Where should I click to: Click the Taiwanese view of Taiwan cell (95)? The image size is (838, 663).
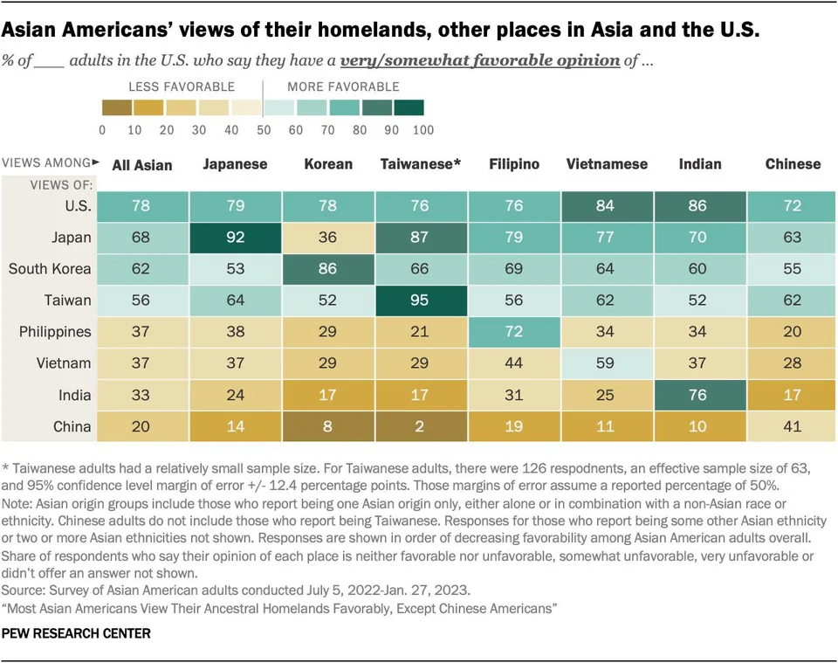(421, 300)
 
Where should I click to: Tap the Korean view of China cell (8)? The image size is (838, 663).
(328, 426)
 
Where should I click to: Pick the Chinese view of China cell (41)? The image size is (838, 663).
(793, 426)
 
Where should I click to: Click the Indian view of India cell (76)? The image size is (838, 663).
(699, 395)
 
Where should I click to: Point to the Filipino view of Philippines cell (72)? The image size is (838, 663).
(514, 332)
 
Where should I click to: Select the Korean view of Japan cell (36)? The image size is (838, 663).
(328, 237)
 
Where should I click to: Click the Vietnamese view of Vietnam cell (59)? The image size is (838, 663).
(607, 363)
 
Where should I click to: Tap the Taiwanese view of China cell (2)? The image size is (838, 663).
(421, 426)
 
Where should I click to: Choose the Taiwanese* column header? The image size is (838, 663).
(421, 163)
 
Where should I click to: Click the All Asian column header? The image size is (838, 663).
(142, 164)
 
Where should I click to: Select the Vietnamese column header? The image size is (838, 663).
(607, 163)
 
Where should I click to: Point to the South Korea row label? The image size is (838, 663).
(49, 268)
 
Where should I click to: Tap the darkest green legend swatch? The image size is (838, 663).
(409, 107)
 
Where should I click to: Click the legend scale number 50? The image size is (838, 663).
(263, 130)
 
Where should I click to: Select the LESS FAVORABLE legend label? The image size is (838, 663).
(181, 86)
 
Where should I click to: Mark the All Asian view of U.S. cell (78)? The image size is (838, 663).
(142, 205)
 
